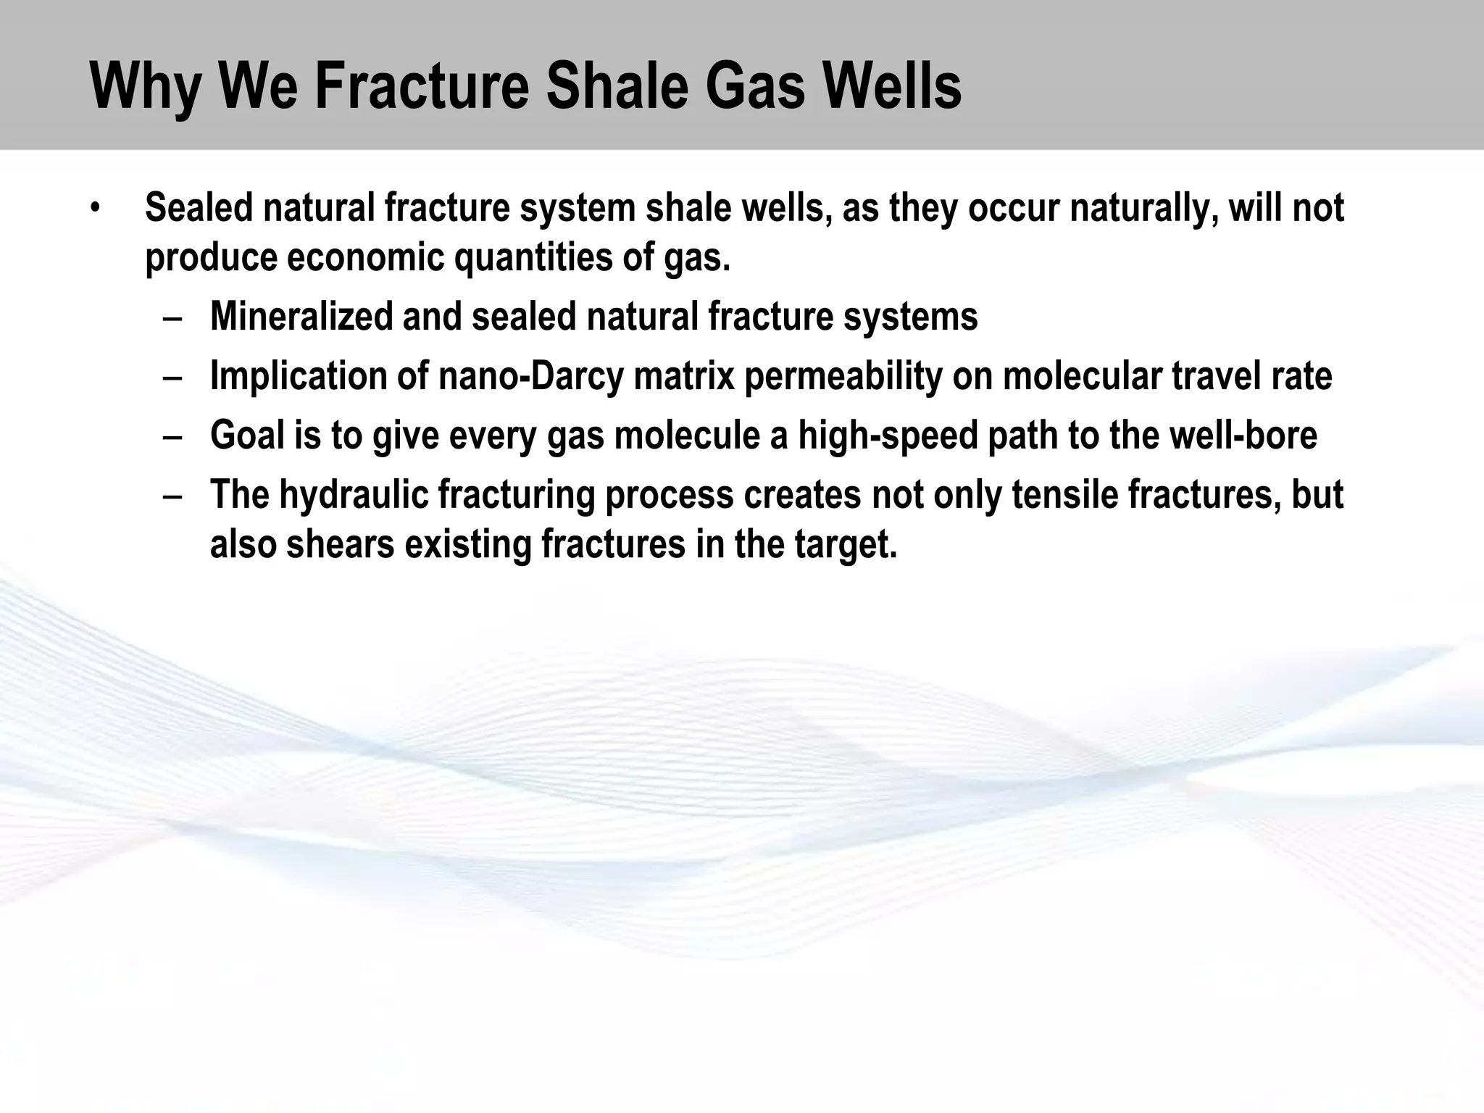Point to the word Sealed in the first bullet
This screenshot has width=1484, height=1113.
coord(199,208)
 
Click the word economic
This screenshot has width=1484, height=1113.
coord(364,257)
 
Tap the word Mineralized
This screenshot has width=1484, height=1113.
coord(301,317)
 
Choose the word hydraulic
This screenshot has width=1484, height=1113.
coord(354,495)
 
